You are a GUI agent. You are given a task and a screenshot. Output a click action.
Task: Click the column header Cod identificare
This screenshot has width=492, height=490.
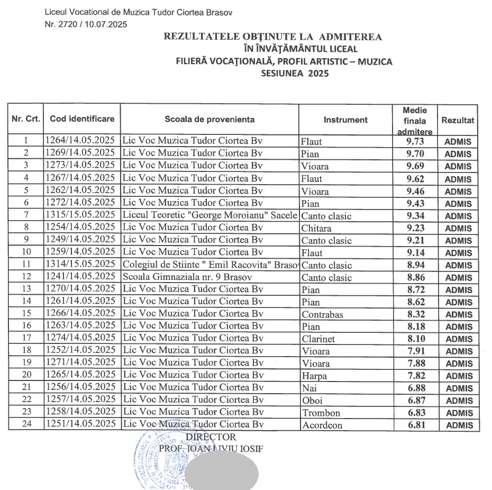tap(82, 119)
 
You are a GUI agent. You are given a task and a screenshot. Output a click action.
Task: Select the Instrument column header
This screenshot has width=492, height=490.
tap(345, 120)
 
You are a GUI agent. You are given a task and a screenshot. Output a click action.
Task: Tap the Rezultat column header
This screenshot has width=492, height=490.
tap(458, 120)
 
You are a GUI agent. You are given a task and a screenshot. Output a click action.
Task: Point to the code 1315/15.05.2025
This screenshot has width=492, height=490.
tap(80, 215)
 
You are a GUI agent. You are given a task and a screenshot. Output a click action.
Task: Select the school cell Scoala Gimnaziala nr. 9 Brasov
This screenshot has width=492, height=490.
tap(180, 277)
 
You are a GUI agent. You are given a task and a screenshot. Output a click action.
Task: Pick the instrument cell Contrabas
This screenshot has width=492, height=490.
tap(322, 314)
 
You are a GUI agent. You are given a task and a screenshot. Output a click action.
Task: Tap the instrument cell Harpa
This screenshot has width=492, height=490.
tap(314, 376)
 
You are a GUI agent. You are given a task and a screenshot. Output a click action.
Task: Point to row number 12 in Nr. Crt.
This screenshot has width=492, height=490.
tap(26, 277)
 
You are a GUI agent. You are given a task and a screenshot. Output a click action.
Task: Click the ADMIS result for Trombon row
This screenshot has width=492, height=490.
tap(458, 413)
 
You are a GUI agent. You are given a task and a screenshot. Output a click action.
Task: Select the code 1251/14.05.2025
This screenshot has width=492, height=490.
tap(80, 424)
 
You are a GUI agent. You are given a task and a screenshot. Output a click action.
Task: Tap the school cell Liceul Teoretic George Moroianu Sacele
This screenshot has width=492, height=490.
tap(210, 215)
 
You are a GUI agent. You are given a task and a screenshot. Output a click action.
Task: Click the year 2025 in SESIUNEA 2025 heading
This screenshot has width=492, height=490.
tap(316, 74)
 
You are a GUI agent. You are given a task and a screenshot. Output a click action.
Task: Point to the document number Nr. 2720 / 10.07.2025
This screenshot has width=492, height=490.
tap(86, 23)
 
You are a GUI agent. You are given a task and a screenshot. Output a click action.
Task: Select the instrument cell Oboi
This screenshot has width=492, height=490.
tap(312, 401)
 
